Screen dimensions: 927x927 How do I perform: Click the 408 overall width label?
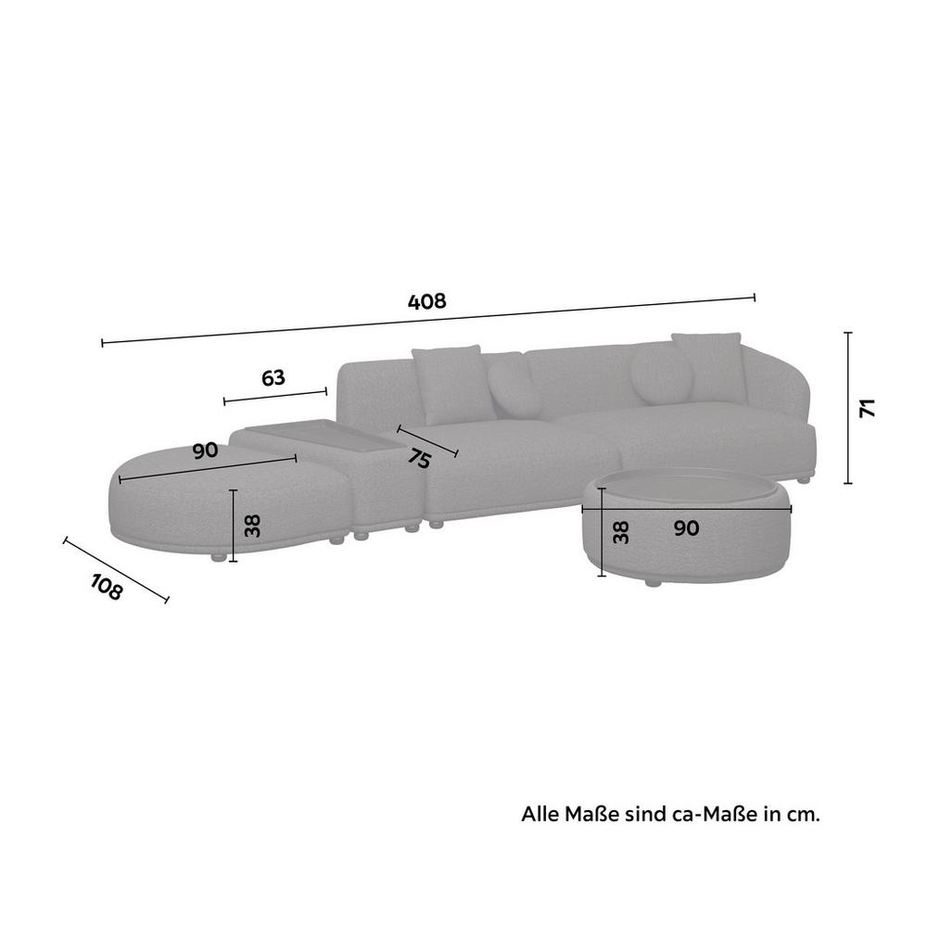point(426,301)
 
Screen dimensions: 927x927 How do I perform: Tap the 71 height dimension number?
point(868,409)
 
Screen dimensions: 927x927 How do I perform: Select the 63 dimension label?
point(273,377)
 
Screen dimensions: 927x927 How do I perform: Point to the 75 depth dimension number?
point(420,458)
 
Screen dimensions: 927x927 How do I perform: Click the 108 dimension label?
point(107,586)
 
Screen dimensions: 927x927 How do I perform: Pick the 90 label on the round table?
point(686,528)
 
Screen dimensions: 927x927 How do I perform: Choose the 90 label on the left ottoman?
point(205,451)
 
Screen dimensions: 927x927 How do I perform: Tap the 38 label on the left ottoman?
point(252,526)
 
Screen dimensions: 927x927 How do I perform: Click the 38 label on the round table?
point(621,533)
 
